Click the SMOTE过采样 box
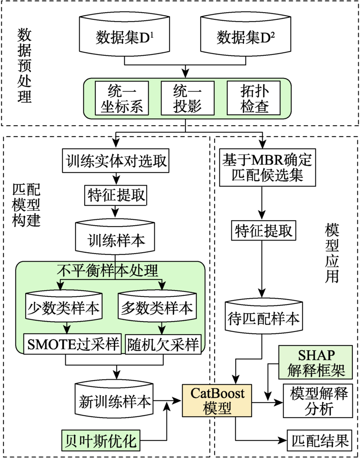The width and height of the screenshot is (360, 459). (x=73, y=345)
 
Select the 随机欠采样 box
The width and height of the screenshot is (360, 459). (x=162, y=345)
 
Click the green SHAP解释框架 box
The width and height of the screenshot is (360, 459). (x=311, y=362)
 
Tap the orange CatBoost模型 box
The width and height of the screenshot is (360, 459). (x=217, y=400)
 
